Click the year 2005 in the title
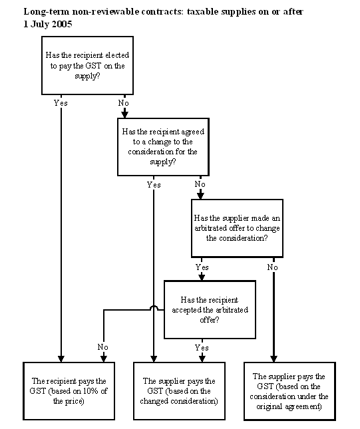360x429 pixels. click(x=62, y=24)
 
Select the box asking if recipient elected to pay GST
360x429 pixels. click(x=87, y=65)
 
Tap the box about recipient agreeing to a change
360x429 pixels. click(x=163, y=146)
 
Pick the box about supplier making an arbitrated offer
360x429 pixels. click(x=237, y=228)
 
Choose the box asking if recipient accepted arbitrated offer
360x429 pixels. click(x=210, y=309)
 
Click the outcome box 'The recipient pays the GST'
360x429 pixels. click(x=69, y=391)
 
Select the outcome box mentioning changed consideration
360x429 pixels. click(x=179, y=391)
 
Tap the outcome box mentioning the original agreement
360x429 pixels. click(x=289, y=391)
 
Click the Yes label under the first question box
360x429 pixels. click(x=61, y=103)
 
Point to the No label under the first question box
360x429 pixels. click(x=124, y=103)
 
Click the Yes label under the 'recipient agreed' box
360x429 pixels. click(x=154, y=185)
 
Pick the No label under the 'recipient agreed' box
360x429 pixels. click(x=200, y=184)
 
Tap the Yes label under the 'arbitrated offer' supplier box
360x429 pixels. click(x=202, y=267)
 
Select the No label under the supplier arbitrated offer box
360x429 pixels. click(x=273, y=267)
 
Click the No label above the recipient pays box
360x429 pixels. click(x=103, y=347)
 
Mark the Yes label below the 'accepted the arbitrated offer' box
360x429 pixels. click(x=202, y=347)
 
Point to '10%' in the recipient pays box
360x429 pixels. click(x=91, y=391)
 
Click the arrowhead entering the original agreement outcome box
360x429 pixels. click(x=273, y=358)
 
